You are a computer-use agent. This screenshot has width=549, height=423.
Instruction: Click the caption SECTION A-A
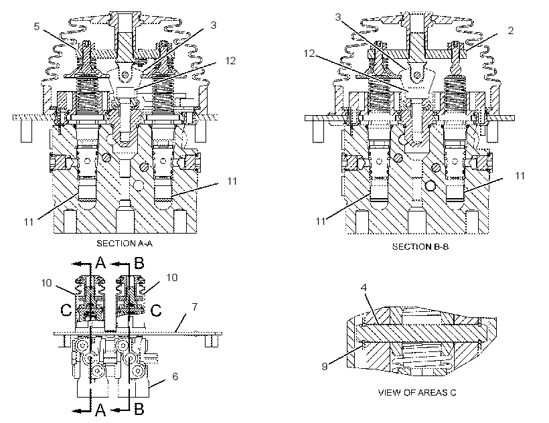[125, 243]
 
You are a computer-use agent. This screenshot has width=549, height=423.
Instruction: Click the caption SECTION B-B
[420, 247]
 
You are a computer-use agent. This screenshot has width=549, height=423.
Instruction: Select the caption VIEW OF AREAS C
[417, 392]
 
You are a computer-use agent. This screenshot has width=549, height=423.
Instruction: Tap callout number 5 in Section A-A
[37, 27]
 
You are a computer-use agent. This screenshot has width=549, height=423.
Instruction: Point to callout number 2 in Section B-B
[510, 31]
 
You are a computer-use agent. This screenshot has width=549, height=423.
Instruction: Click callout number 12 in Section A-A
[230, 61]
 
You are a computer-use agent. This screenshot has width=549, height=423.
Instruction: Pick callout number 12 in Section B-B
[309, 53]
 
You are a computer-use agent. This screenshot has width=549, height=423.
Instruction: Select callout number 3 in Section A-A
[213, 25]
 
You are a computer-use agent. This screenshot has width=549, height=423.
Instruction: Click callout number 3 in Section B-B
[338, 17]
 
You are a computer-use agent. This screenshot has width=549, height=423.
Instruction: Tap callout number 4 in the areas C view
[364, 288]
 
